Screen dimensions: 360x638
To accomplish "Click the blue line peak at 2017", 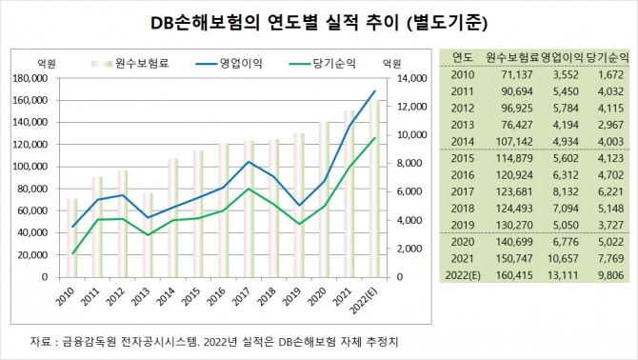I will click(x=249, y=162).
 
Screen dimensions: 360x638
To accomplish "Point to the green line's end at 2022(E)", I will click(x=374, y=138).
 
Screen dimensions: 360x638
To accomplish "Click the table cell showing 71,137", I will click(x=515, y=74).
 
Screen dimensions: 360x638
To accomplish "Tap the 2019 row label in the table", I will click(x=464, y=223).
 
